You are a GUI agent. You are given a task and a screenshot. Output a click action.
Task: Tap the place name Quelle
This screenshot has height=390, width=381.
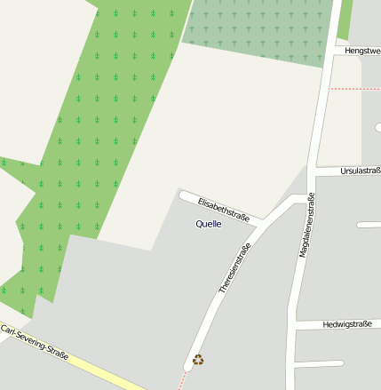click(x=209, y=224)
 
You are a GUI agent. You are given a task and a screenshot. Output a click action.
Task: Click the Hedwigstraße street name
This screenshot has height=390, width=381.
click(x=348, y=324)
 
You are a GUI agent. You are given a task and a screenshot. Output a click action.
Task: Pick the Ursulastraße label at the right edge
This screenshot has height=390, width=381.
click(x=360, y=171)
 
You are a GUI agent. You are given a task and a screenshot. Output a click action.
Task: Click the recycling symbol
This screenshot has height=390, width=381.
click(x=198, y=360)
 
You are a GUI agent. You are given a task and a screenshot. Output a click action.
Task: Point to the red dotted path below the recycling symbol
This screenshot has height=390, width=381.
click(x=183, y=379)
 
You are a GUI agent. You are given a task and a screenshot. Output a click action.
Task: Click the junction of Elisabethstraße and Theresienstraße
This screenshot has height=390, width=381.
click(x=258, y=221)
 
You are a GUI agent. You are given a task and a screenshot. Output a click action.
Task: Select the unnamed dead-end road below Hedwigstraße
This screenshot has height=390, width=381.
click(x=320, y=364)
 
